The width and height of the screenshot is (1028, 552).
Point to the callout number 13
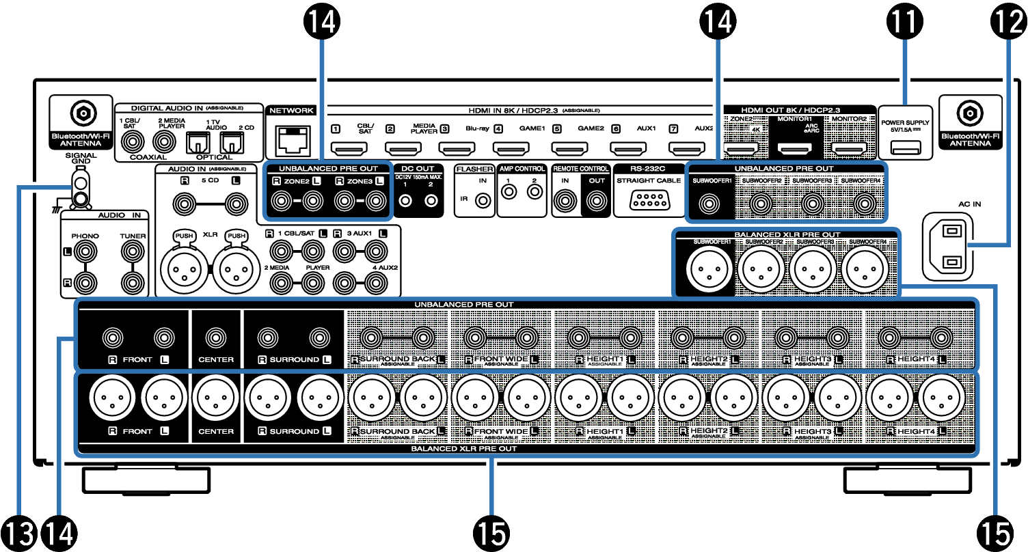tap(20, 532)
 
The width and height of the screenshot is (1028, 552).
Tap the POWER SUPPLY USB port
tap(906, 147)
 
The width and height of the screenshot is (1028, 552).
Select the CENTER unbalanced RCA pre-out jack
tap(216, 337)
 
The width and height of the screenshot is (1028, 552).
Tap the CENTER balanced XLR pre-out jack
tap(216, 399)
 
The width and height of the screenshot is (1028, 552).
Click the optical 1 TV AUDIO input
tap(198, 143)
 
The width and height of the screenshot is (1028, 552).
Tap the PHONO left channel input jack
tap(84, 253)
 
